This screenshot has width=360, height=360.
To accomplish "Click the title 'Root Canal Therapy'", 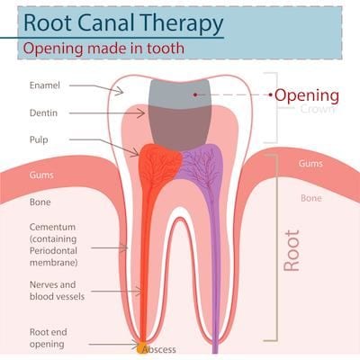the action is tap(123, 22).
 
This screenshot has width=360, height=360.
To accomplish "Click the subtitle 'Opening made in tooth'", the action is tap(103, 49).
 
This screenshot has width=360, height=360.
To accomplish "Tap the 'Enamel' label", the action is tap(45, 85).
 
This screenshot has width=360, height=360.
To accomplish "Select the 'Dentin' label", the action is tap(43, 112).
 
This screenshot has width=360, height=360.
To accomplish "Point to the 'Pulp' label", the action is tap(39, 139).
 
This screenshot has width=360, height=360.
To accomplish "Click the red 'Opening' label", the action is tap(307, 95).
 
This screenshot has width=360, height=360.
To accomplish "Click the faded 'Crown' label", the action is tap(318, 109).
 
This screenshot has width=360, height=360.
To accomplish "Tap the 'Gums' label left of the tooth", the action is tap(41, 175).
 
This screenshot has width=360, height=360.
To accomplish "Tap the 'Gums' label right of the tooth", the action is tap(310, 164).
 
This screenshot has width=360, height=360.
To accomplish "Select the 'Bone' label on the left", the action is tap(40, 202).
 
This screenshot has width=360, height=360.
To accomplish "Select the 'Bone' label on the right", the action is tap(311, 198).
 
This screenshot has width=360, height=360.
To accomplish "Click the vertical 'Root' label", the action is tap(292, 251).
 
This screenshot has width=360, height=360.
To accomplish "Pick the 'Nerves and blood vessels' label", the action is tap(57, 291).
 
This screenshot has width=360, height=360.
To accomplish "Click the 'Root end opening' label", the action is tap(48, 338).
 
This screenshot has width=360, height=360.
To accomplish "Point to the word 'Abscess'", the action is tap(159, 349).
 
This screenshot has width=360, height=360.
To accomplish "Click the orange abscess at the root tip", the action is tap(141, 347).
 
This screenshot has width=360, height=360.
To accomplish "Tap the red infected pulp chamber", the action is tap(159, 165).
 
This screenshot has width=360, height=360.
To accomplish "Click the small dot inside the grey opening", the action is tap(195, 94).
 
